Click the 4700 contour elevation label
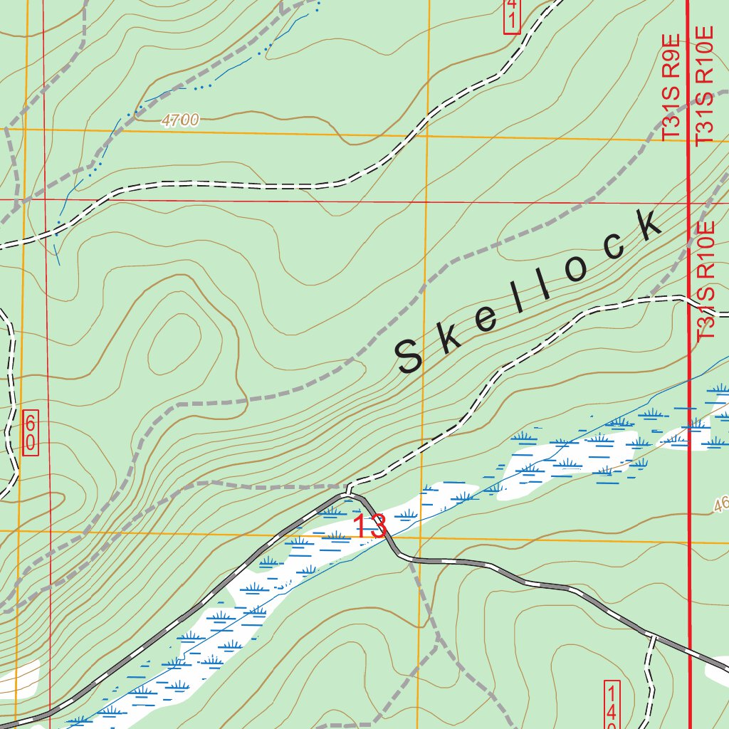[180, 121]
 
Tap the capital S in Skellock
[411, 356]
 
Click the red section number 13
[370, 526]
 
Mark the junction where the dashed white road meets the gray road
[350, 493]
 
